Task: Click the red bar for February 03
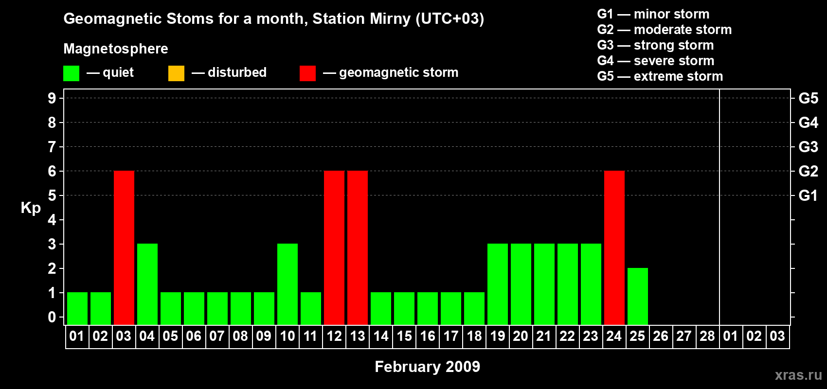[x=124, y=248]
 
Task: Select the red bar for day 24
[x=614, y=248]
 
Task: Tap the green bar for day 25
[x=638, y=296]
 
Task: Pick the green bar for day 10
[x=288, y=284]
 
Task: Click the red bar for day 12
[x=334, y=248]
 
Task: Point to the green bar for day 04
[x=147, y=284]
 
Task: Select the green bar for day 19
[x=498, y=284]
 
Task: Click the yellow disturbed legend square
[x=176, y=73]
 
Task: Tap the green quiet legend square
[x=71, y=73]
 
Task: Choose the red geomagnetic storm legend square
[x=307, y=73]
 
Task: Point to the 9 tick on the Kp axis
[x=52, y=98]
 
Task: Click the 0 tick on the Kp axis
[x=52, y=318]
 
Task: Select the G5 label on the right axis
[x=808, y=98]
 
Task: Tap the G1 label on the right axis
[x=808, y=195]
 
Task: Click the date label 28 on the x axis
[x=707, y=336]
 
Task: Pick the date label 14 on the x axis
[x=381, y=336]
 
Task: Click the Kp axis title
[x=31, y=208]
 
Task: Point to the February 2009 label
[x=427, y=366]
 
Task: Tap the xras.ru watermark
[x=798, y=374]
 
